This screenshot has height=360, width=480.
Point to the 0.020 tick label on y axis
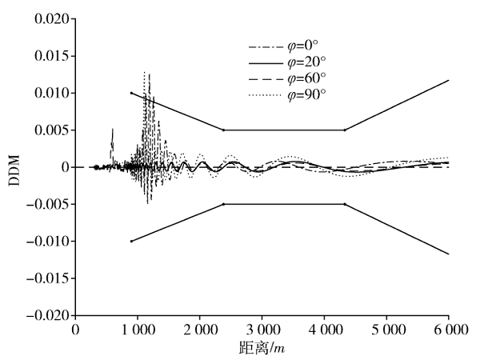point(50,19)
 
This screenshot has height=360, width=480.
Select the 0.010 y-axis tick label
point(50,93)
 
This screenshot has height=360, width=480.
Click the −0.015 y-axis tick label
point(46,278)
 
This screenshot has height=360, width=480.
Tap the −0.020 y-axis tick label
point(46,315)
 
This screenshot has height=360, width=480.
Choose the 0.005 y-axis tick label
point(50,130)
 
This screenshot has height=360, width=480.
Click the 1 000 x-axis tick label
point(138,329)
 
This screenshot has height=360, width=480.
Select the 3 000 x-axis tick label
point(262,329)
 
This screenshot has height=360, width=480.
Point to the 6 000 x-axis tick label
point(447,329)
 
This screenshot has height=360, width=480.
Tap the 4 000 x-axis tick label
point(323,329)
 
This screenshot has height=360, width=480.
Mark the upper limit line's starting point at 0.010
point(131,93)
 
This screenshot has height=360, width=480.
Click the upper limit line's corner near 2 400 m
point(223,130)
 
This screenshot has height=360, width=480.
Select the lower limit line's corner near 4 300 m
point(345,204)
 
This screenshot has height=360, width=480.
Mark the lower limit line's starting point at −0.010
point(131,241)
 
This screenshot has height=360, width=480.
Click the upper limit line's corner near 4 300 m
point(345,130)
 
